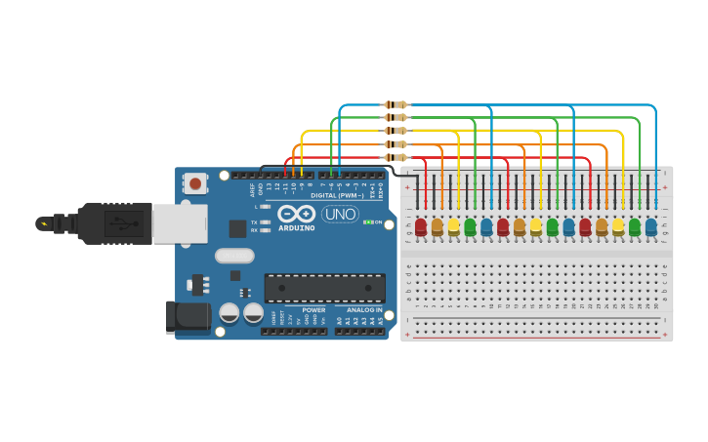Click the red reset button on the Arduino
(195, 182)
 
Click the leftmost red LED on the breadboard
(421, 226)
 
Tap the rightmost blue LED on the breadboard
(650, 226)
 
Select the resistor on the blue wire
(396, 104)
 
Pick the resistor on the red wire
(396, 157)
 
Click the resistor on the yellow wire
(396, 131)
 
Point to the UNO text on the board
(340, 214)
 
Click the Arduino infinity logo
(296, 214)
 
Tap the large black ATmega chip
(324, 287)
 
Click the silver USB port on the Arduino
(180, 223)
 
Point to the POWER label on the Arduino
(313, 309)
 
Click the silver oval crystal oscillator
(233, 256)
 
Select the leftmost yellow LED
(453, 226)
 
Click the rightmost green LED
(635, 226)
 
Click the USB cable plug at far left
(59, 223)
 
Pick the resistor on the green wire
(396, 117)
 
